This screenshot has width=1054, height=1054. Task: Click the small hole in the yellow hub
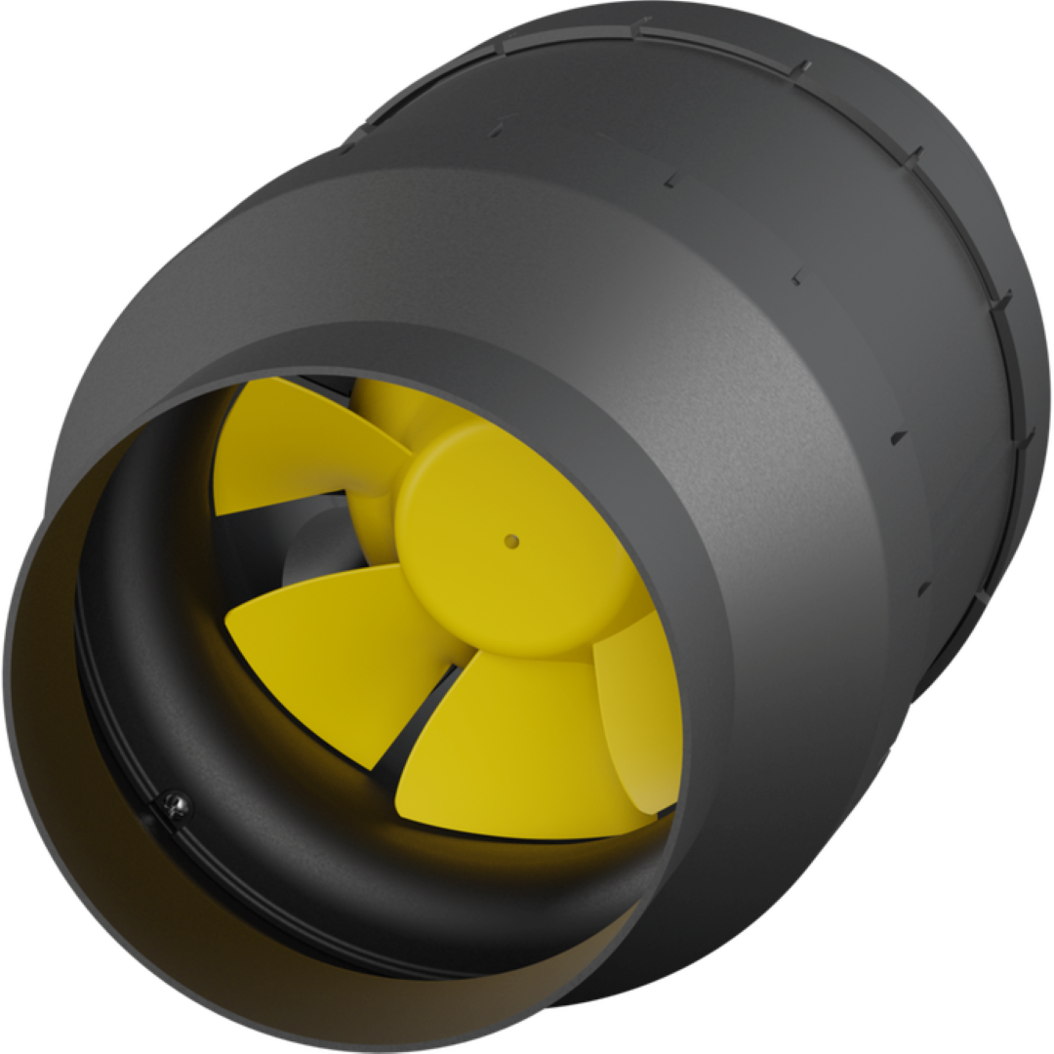510,540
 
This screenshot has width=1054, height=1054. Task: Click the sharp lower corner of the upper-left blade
218,512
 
